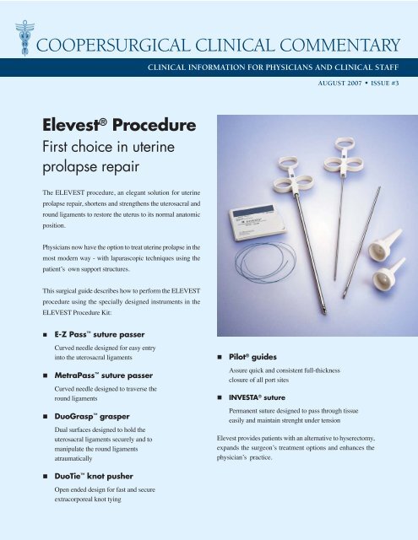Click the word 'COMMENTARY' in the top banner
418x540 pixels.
pos(334,42)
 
